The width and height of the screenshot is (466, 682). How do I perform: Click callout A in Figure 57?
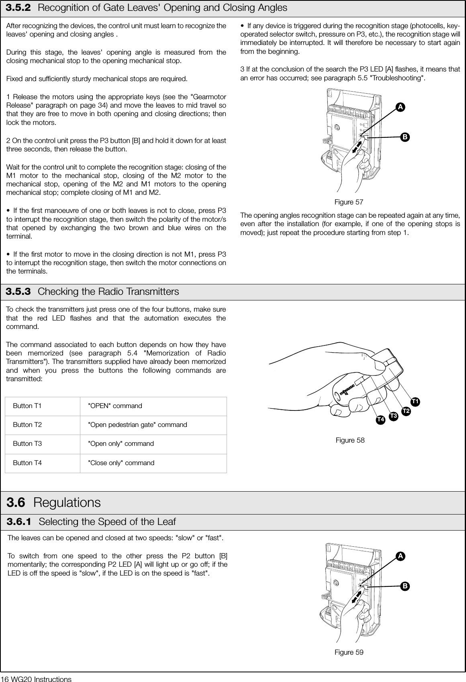click(400, 107)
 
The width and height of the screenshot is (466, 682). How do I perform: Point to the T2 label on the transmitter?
click(406, 411)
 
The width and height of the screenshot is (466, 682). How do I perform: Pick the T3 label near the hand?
click(393, 415)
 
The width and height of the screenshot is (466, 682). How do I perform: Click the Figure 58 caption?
click(350, 440)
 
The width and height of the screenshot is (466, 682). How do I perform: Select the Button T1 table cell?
click(27, 406)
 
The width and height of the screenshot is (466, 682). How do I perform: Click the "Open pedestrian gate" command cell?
click(137, 425)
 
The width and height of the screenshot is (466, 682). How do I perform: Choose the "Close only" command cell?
click(121, 463)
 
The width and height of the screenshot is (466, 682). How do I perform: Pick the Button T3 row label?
click(27, 443)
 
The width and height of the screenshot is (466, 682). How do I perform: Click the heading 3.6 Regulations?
click(54, 502)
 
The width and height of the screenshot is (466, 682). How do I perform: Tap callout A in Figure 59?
click(400, 556)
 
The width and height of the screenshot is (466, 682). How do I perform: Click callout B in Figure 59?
click(405, 586)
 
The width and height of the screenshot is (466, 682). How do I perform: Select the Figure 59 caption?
click(349, 652)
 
